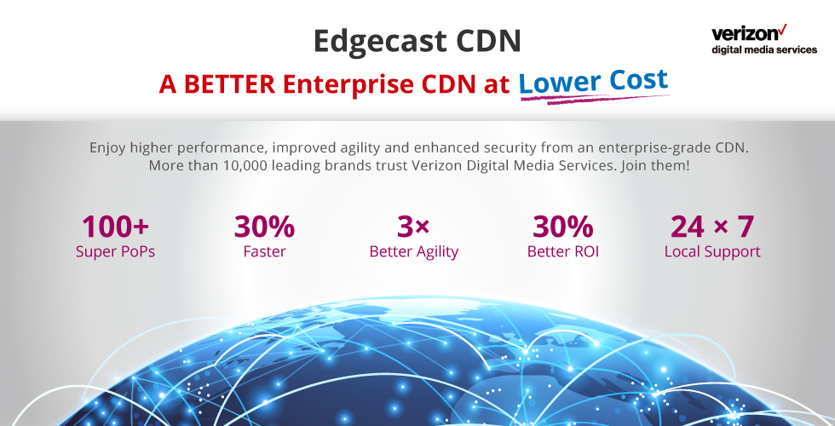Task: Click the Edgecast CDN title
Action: click(x=417, y=41)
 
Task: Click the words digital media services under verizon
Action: click(x=764, y=49)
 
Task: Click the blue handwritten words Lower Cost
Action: click(x=593, y=82)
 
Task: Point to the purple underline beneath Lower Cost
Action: click(x=595, y=99)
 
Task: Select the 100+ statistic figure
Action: click(x=115, y=227)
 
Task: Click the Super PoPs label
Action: click(x=115, y=251)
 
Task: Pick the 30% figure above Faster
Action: click(x=264, y=227)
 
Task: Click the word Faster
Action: click(x=264, y=251)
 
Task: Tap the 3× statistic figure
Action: click(x=413, y=227)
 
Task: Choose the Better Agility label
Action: click(x=414, y=252)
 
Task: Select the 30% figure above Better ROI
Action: click(x=563, y=227)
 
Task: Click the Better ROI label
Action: click(x=563, y=251)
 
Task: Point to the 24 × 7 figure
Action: click(x=712, y=227)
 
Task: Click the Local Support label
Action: click(x=712, y=252)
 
